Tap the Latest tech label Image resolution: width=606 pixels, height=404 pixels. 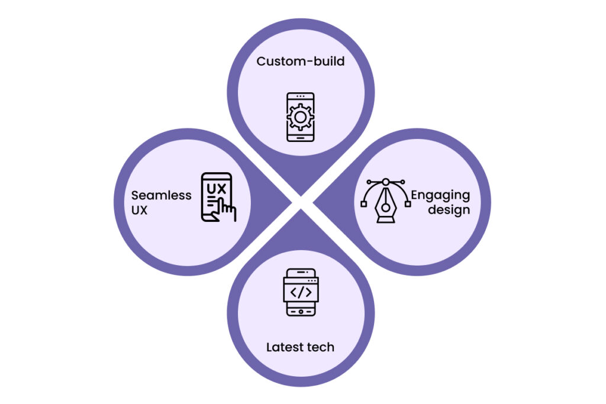300,347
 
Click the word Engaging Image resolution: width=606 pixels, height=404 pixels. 440,195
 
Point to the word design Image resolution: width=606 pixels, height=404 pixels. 441,209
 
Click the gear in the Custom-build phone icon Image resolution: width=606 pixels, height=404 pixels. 300,117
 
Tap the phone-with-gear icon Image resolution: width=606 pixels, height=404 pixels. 300,117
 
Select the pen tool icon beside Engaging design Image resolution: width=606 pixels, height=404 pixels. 385,201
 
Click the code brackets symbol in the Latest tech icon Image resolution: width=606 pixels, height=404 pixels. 301,292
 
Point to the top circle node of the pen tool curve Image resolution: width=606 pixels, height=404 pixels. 385,182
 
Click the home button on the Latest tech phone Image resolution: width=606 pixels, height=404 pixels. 301,311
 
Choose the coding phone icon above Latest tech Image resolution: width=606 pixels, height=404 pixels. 301,292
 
